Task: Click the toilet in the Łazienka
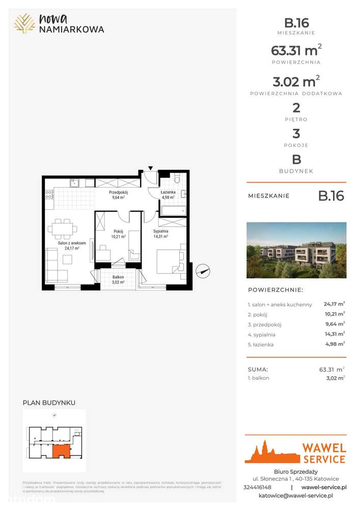pyautogui.click(x=177, y=179)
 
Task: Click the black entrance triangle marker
pyautogui.click(x=151, y=167)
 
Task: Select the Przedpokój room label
pyautogui.click(x=118, y=193)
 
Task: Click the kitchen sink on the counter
pyautogui.click(x=74, y=182)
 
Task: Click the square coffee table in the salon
pyautogui.click(x=67, y=260)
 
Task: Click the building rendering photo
pyautogui.click(x=296, y=250)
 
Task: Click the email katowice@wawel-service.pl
pyautogui.click(x=296, y=495)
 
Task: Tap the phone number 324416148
pyautogui.click(x=262, y=487)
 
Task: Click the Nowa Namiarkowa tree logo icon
pyautogui.click(x=24, y=23)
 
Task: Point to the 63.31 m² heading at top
pyautogui.click(x=296, y=51)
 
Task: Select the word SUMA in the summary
pyautogui.click(x=258, y=370)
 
